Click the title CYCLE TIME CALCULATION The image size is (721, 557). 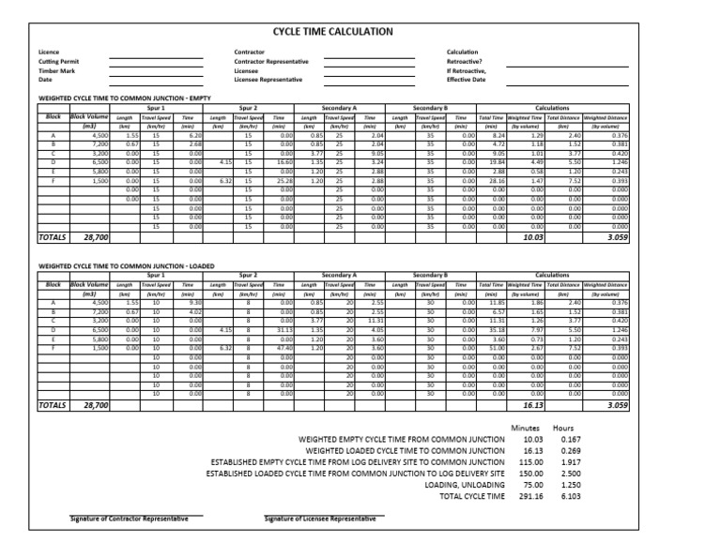pos(332,32)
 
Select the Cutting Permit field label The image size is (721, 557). pos(58,61)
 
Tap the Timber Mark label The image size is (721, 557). pos(56,70)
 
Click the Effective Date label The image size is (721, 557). pos(467,80)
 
